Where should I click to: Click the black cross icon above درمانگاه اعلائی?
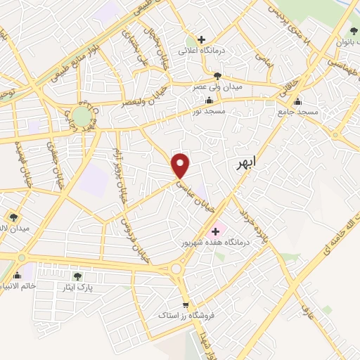pos(202,39)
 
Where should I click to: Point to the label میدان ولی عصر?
pos(218,87)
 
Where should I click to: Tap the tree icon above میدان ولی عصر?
pos(218,76)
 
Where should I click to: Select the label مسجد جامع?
pos(298,112)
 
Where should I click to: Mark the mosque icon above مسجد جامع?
pos(298,101)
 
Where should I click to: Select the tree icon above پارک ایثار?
pos(77,276)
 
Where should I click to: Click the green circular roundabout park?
pos(82,115)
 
